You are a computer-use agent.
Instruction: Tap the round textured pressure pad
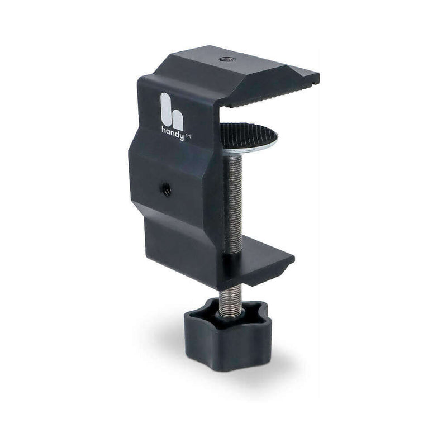pos(249,135)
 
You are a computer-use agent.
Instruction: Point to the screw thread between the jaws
pos(234,201)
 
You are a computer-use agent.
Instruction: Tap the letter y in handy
pos(182,130)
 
